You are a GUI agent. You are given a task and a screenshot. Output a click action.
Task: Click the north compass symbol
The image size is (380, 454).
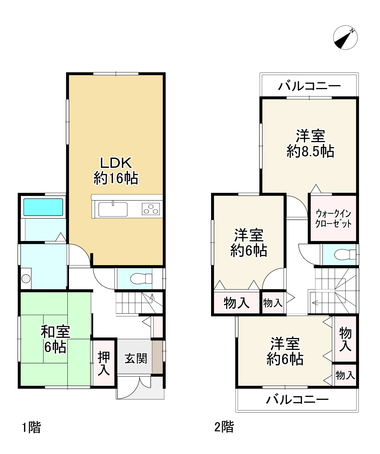point(345,37)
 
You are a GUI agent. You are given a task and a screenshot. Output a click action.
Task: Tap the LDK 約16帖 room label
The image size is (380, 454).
point(116,171)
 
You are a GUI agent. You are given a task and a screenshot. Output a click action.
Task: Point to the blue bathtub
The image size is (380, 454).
point(43,207)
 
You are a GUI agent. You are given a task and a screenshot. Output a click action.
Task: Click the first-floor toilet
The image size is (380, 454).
point(141,278)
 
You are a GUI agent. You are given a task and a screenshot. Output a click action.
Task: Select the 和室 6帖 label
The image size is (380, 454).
point(55,339)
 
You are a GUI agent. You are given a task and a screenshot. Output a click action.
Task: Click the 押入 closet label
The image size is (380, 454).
point(104,363)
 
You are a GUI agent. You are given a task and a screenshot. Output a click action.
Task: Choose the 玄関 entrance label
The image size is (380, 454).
point(136,358)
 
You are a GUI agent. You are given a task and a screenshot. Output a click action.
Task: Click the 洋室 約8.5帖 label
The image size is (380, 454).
point(310,144)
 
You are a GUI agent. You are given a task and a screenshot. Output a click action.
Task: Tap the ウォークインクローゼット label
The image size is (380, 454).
point(333,218)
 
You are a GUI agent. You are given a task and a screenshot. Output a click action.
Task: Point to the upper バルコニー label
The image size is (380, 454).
point(309,86)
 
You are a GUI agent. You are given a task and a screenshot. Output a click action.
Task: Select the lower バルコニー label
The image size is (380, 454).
point(297,399)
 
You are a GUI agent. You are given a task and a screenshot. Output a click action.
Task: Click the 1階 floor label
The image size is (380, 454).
point(32,427)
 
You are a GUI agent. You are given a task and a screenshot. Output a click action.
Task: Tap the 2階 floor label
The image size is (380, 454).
point(224,427)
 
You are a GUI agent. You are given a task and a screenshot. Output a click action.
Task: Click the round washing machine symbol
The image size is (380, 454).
point(26,278)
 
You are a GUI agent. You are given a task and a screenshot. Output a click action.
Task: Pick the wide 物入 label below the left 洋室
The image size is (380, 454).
point(237,302)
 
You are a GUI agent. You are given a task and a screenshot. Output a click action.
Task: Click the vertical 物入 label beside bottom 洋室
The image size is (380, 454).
point(345,339)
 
